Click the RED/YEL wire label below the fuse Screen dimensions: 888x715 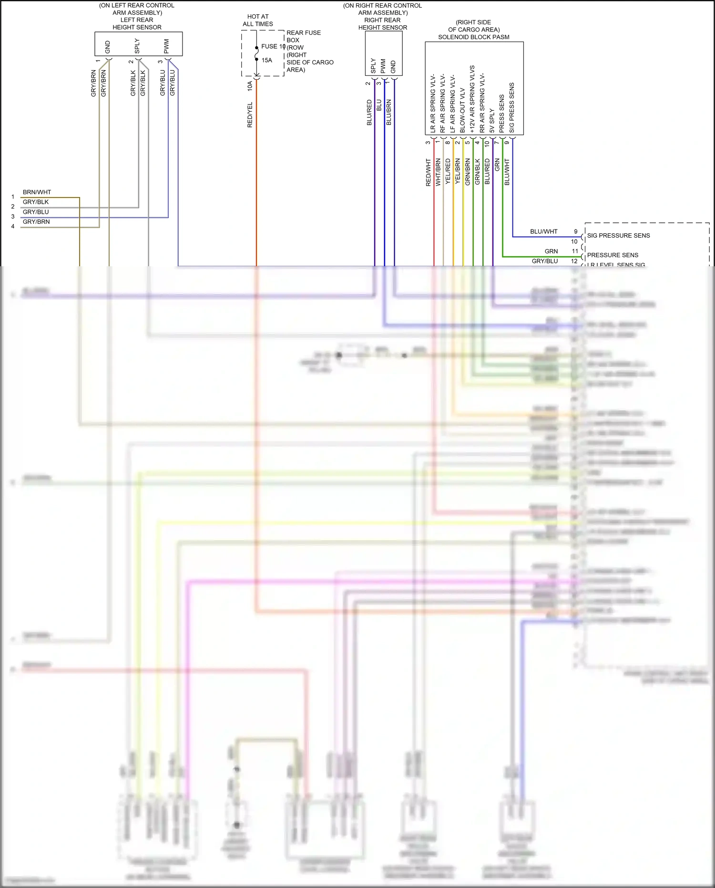(x=250, y=115)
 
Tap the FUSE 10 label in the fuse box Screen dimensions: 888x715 (x=273, y=46)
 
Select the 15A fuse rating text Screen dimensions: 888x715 (x=267, y=60)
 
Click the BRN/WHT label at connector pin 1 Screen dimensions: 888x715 (x=37, y=192)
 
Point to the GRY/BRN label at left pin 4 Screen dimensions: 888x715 (x=36, y=222)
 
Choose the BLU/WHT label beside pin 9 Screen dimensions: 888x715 (x=543, y=231)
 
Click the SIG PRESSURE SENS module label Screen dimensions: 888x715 (x=618, y=236)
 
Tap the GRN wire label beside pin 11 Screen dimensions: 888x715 (x=551, y=251)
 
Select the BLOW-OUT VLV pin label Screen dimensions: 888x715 (x=462, y=110)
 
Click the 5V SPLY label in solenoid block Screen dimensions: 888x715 (x=492, y=120)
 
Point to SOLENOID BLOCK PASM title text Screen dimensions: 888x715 (x=473, y=37)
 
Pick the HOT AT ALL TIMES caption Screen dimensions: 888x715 (x=258, y=20)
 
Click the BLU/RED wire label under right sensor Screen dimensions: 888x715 (x=369, y=113)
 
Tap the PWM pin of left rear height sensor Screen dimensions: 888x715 (x=166, y=46)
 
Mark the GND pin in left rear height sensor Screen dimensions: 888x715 (x=108, y=47)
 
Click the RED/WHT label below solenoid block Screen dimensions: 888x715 (x=428, y=172)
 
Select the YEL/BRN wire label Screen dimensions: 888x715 (x=458, y=171)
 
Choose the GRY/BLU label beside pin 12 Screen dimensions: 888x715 (x=544, y=261)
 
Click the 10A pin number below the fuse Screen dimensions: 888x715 (x=250, y=86)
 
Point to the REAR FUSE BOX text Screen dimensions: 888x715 (x=303, y=36)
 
